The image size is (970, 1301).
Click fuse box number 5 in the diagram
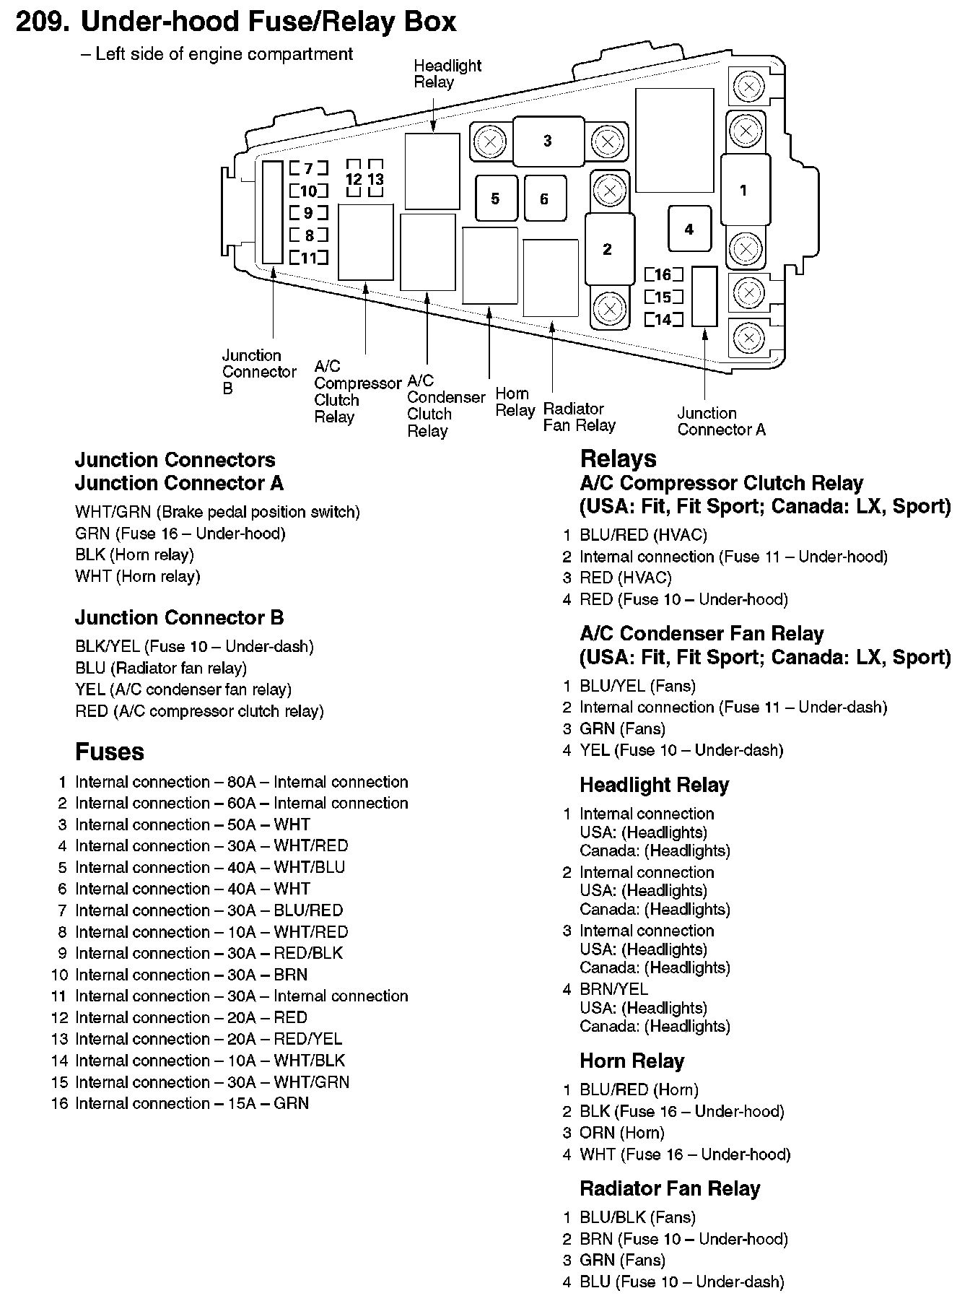496,199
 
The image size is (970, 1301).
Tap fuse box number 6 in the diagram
545,199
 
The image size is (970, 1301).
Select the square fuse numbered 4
689,229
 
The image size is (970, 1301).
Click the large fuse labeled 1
744,191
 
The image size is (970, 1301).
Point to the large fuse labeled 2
608,249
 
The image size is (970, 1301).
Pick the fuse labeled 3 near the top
548,141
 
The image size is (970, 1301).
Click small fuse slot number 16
663,274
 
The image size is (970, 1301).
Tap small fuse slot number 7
308,168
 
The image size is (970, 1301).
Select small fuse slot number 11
308,257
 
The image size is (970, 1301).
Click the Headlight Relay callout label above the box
447,74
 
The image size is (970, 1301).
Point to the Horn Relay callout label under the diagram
515,402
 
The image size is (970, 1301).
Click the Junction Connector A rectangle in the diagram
704,296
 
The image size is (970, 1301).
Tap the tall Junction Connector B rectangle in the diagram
272,212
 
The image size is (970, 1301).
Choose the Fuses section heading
110,752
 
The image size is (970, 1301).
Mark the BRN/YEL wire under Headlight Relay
613,989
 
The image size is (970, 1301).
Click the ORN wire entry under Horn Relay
597,1133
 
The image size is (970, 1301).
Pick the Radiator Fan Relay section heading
670,1189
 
